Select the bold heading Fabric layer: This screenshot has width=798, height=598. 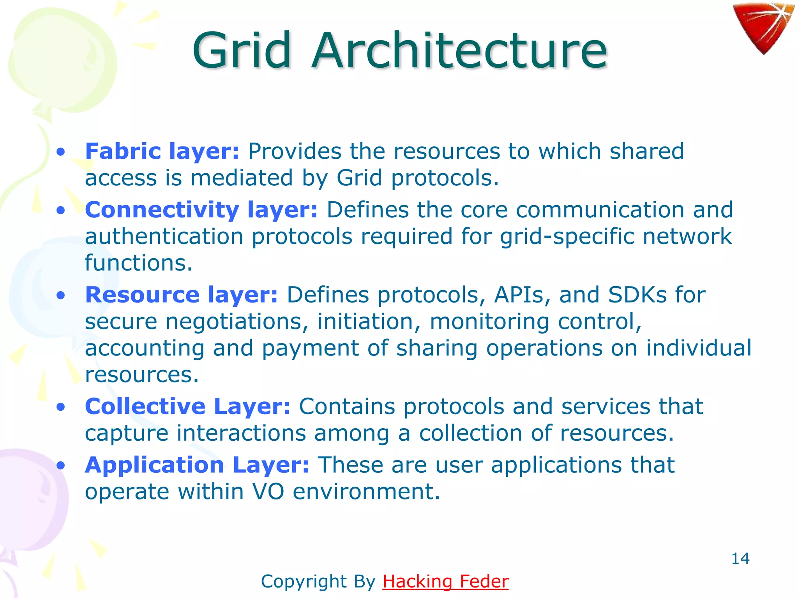162,151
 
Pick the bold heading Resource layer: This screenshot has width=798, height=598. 182,295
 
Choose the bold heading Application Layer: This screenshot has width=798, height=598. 197,465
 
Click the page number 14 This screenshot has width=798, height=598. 740,559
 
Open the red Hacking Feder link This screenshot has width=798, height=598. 445,581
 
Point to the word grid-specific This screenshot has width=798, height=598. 567,237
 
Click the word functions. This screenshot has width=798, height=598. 139,263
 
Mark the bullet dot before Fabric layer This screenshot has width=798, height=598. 60,152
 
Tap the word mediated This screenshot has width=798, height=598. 242,178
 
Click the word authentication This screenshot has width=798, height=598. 164,237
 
